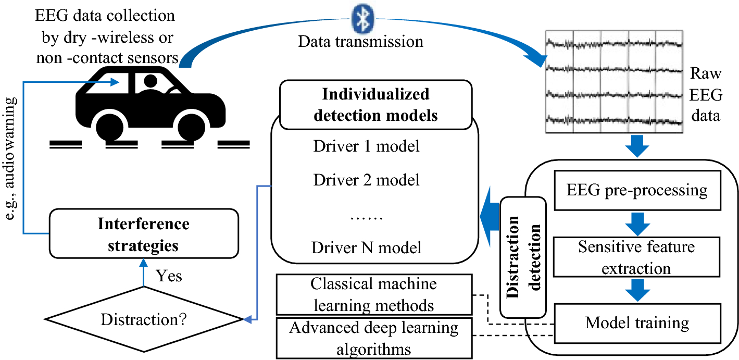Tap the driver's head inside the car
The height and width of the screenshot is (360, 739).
[151, 81]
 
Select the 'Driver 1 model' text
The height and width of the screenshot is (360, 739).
[366, 146]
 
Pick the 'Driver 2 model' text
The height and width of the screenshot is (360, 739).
[366, 180]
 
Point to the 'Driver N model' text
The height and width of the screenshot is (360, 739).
[366, 247]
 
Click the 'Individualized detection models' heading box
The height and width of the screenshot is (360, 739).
[376, 105]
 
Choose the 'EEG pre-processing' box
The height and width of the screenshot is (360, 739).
[637, 190]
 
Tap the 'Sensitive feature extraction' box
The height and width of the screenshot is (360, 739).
[637, 257]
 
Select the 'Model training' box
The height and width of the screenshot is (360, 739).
[637, 324]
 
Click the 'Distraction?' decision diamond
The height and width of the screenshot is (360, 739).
[144, 319]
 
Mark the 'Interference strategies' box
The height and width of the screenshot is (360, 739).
[144, 233]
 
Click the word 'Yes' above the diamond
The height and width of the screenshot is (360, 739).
[169, 276]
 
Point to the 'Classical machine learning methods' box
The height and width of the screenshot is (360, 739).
[374, 294]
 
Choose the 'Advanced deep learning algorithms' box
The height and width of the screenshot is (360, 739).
[374, 338]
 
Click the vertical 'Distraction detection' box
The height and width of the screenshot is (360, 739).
[523, 257]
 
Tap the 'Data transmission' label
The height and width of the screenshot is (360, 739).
[360, 42]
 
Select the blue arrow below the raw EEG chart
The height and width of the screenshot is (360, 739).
[637, 146]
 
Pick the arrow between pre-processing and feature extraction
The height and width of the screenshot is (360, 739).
[637, 224]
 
